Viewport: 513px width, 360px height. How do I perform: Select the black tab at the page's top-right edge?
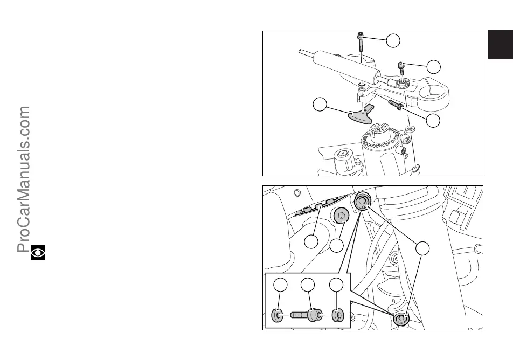(500, 44)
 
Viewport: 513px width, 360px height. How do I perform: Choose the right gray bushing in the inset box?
(338, 314)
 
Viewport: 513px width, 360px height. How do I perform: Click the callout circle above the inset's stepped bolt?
(307, 286)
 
